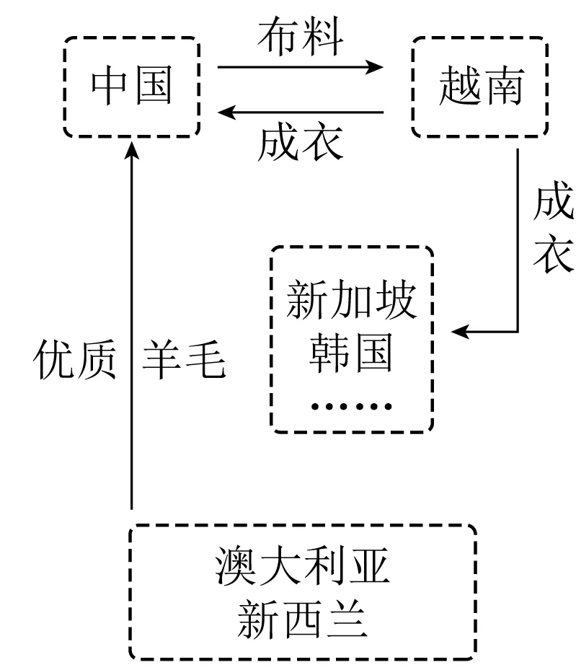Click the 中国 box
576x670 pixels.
[x=131, y=87]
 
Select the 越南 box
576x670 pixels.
[x=479, y=87]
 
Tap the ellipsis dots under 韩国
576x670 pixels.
[x=351, y=406]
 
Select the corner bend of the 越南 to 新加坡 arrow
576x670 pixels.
[x=518, y=332]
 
